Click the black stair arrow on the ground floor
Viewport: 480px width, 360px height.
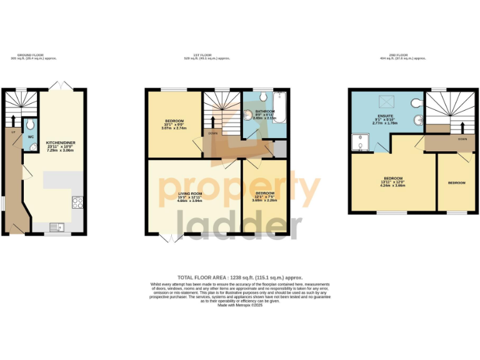(12, 118)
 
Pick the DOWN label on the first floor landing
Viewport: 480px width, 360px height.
(213, 133)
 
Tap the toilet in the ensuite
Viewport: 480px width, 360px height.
(415, 103)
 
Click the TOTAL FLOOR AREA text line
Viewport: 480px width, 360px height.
(240, 277)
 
